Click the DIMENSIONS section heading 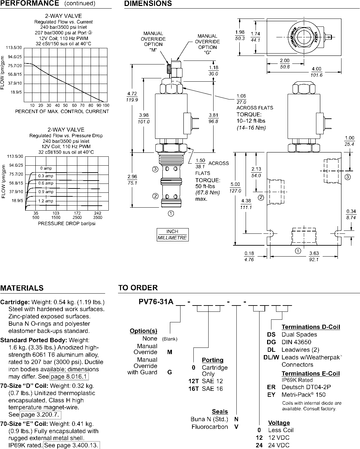[148, 3]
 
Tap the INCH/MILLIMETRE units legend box [173, 235]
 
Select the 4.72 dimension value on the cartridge [132, 94]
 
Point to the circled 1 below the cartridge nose [171, 214]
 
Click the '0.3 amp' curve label [46, 176]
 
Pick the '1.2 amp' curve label [46, 201]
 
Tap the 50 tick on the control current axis [65, 105]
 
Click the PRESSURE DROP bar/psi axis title [66, 224]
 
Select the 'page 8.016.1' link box [69, 376]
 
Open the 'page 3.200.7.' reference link [40, 414]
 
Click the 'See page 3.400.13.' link [71, 445]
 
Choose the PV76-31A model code [156, 302]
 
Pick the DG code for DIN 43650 [271, 342]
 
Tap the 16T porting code [194, 388]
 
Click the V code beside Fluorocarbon [236, 427]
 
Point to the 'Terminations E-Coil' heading [310, 374]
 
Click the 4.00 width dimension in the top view [316, 69]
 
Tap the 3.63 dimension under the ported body [314, 253]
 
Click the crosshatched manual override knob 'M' [169, 69]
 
